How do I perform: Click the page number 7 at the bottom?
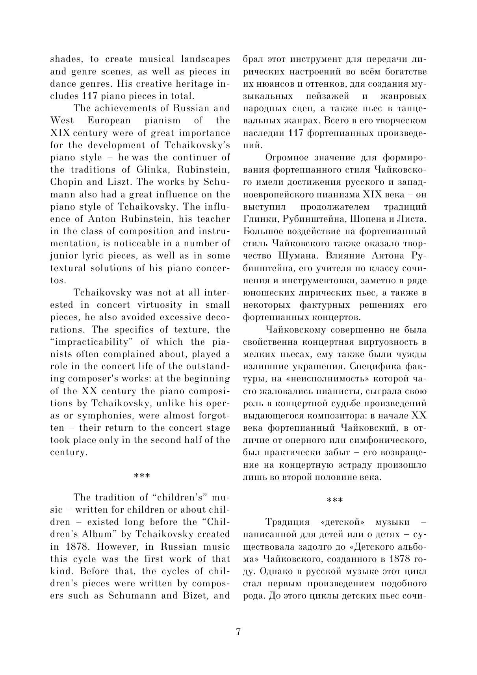click(238, 631)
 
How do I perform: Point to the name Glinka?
click(150, 169)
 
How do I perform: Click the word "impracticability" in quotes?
click(93, 342)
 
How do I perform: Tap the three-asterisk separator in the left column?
click(142, 476)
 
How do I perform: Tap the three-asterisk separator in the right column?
click(335, 500)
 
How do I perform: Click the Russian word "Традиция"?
click(288, 522)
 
